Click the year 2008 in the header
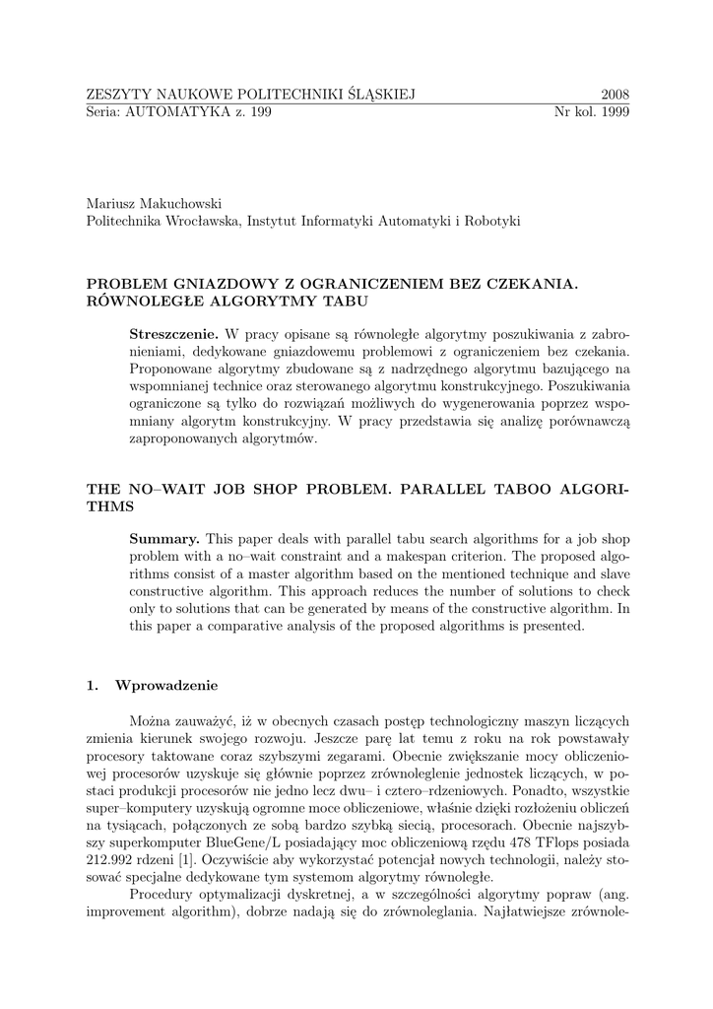pos(615,94)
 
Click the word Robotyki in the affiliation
pos(493,221)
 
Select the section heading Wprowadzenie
pos(165,685)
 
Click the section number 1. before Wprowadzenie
pos(94,685)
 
